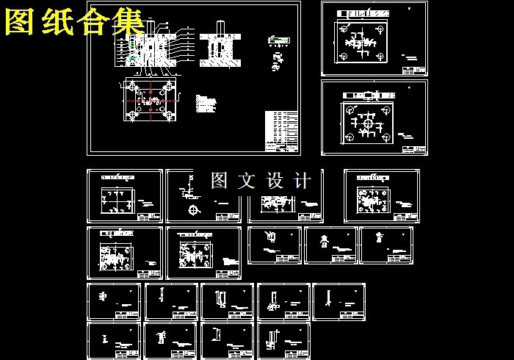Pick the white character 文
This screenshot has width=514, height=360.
pos(247,180)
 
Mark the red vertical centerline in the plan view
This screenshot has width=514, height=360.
pos(151,103)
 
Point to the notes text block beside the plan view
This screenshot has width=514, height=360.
pos(206,104)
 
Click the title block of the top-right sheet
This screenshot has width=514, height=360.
pos(413,70)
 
